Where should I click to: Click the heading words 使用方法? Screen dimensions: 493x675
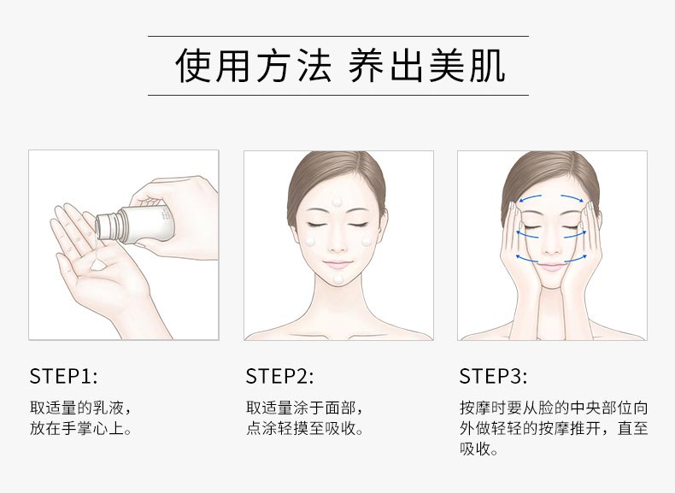pyautogui.click(x=253, y=66)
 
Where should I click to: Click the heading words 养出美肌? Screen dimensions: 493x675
pyautogui.click(x=426, y=66)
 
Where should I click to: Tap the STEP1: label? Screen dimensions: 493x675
pyautogui.click(x=63, y=376)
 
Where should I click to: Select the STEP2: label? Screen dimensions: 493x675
pyautogui.click(x=279, y=376)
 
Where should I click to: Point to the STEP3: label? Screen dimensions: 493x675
pyautogui.click(x=493, y=376)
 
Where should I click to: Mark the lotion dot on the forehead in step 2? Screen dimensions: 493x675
pyautogui.click(x=339, y=201)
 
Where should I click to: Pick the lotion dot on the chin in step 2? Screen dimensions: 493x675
pyautogui.click(x=339, y=279)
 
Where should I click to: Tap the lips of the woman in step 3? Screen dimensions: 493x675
pyautogui.click(x=552, y=266)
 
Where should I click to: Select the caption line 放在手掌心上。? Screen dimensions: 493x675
pyautogui.click(x=81, y=429)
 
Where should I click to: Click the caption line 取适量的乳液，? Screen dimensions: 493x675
pyautogui.click(x=81, y=407)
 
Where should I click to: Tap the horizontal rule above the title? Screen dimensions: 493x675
pyautogui.click(x=337, y=37)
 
